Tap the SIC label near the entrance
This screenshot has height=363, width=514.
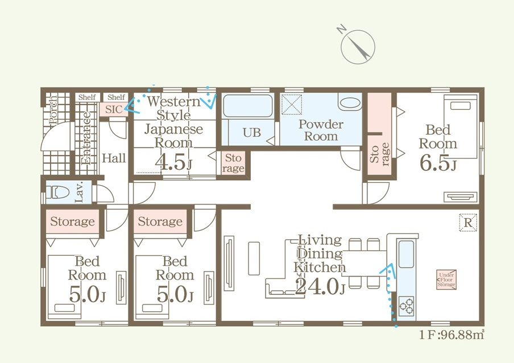coord(114,109)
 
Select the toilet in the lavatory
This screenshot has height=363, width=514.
coord(57,193)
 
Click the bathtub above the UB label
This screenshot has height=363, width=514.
coord(247,106)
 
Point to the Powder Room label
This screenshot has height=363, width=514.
coord(321,130)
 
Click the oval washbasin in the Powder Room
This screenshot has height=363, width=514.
coord(350,103)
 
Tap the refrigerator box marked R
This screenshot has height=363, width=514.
coord(468,223)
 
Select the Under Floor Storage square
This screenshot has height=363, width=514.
coord(446,280)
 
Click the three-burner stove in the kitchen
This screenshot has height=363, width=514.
coord(407,306)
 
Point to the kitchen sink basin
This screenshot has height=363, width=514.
coord(406,254)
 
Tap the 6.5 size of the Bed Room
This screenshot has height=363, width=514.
coord(438,163)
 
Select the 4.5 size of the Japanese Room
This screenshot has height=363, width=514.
coord(173,162)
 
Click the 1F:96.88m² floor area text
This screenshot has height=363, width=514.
coord(451,335)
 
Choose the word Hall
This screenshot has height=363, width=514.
coord(114,158)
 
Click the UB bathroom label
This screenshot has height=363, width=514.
coord(252,132)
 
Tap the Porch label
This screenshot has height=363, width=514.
coord(52,110)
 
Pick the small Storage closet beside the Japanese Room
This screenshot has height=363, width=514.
coord(233,163)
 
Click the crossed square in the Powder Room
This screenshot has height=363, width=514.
coord(292,104)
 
